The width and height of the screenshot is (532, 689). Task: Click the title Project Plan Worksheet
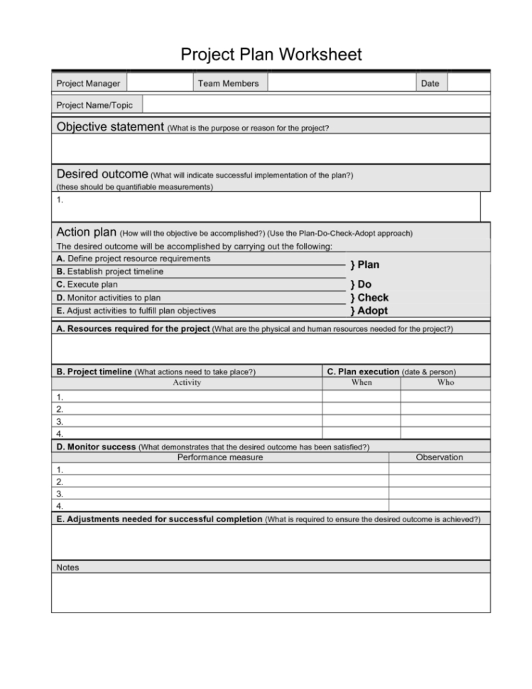point(271,54)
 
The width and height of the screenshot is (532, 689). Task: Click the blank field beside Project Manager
point(160,84)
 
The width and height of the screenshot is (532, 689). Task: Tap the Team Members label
point(228,84)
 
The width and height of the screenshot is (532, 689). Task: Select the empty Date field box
point(468,84)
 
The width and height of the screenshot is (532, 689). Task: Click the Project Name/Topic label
point(94,105)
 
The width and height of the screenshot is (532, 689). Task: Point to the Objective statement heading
point(110,128)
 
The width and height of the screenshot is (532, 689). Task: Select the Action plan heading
point(83,232)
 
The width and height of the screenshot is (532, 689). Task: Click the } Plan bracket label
point(364,265)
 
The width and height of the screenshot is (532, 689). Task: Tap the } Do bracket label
point(360,284)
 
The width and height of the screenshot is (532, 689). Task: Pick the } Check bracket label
point(369,298)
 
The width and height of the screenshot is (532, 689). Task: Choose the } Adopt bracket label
point(369,310)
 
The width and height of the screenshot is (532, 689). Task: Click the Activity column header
point(187,383)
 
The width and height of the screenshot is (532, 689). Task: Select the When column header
point(362,383)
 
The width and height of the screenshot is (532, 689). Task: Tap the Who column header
point(445,383)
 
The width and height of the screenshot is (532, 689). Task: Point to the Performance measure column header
point(220,457)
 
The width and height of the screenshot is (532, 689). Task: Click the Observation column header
point(439,457)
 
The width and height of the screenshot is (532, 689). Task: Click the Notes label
point(67,568)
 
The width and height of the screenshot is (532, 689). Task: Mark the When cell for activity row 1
point(362,397)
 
